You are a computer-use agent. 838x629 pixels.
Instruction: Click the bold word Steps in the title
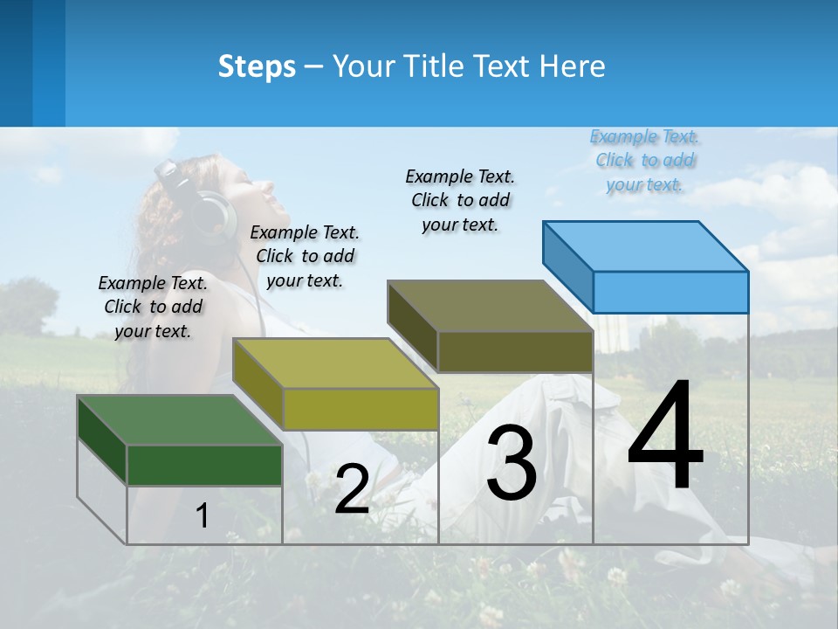257,66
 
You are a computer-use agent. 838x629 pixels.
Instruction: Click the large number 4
665,439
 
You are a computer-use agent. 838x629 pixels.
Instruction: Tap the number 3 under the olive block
512,465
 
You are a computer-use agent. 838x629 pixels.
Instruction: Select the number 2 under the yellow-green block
352,490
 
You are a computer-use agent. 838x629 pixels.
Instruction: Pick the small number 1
203,516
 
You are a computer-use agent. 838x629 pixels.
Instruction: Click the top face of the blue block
644,245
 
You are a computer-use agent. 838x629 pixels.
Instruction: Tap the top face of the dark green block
179,419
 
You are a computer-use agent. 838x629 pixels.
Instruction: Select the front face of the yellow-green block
361,409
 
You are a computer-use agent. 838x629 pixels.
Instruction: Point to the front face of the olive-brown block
515,351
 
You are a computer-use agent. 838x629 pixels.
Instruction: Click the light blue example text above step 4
644,161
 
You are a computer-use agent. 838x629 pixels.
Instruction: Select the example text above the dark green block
153,307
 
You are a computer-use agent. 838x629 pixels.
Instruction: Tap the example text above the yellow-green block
305,256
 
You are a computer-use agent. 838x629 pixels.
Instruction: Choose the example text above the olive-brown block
460,200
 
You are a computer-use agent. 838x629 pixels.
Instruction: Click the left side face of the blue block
567,266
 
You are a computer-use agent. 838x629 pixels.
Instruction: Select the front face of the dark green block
204,465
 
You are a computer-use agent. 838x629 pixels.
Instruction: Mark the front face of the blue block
670,292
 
